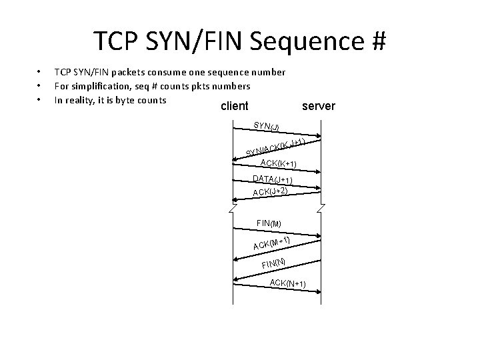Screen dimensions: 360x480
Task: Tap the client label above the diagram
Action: tap(233, 106)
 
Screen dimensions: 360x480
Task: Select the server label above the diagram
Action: tap(319, 106)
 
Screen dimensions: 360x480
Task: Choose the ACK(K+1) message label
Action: tap(278, 163)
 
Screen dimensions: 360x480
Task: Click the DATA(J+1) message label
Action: tap(273, 179)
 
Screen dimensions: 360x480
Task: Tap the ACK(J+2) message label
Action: tap(270, 191)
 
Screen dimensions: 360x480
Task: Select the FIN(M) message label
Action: tap(269, 223)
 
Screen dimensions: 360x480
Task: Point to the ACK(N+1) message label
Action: tap(287, 284)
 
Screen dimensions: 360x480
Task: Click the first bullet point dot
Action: tap(39, 71)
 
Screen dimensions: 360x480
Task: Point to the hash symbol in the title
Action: tap(377, 41)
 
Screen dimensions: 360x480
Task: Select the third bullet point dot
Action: tap(39, 101)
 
